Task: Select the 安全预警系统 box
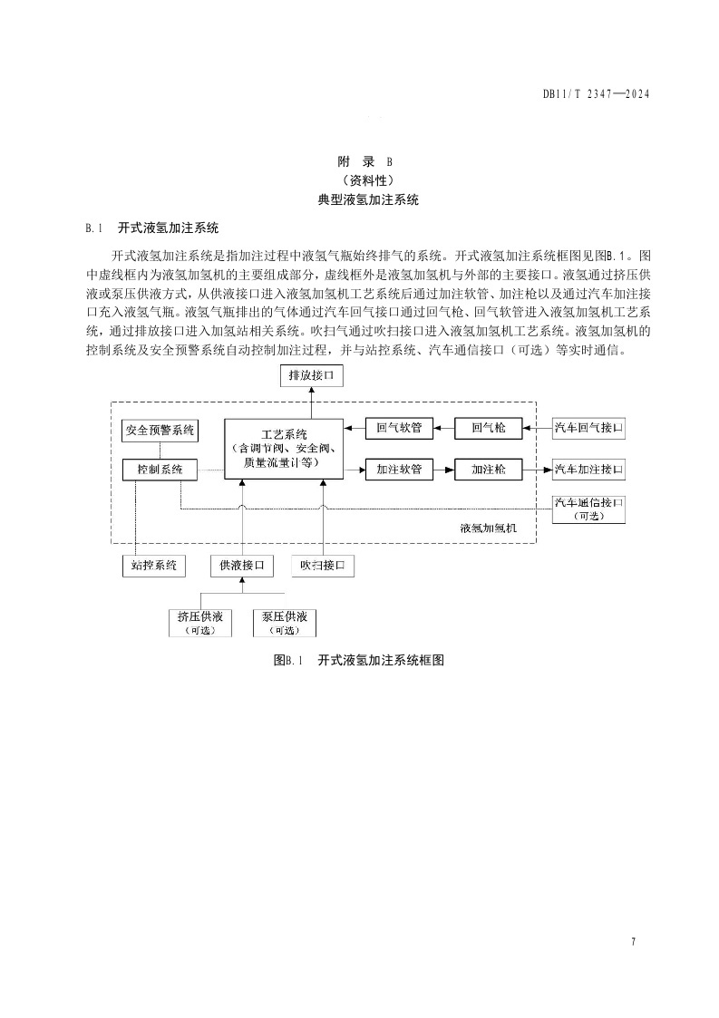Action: click(160, 431)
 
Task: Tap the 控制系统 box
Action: click(160, 470)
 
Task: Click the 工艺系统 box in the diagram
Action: click(284, 449)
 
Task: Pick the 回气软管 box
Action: click(399, 427)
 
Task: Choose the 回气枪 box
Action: click(489, 427)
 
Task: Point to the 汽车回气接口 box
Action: click(589, 427)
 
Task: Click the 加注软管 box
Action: click(399, 470)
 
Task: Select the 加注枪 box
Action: click(489, 470)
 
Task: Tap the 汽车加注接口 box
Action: click(589, 470)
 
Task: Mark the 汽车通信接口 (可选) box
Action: click(589, 509)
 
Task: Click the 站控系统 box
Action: click(153, 566)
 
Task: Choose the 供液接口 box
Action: click(241, 566)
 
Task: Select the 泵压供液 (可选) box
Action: click(285, 623)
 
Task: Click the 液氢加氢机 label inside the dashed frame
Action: click(488, 528)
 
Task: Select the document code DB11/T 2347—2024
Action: click(596, 93)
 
